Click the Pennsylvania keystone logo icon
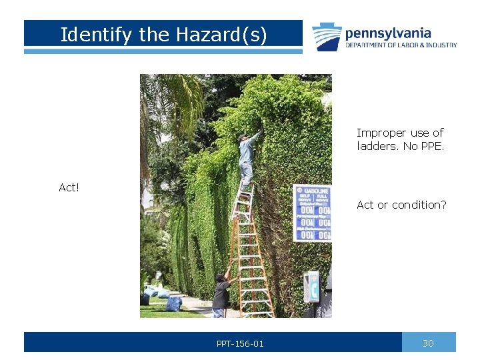[327, 37]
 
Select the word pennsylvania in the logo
[388, 33]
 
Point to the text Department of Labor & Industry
[401, 45]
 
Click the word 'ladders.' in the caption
[377, 146]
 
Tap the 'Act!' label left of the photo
[69, 188]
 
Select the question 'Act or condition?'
[401, 205]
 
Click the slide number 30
[428, 343]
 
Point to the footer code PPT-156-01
[240, 343]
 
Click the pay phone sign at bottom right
[311, 287]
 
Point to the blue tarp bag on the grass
[174, 304]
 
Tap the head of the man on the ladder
[243, 137]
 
